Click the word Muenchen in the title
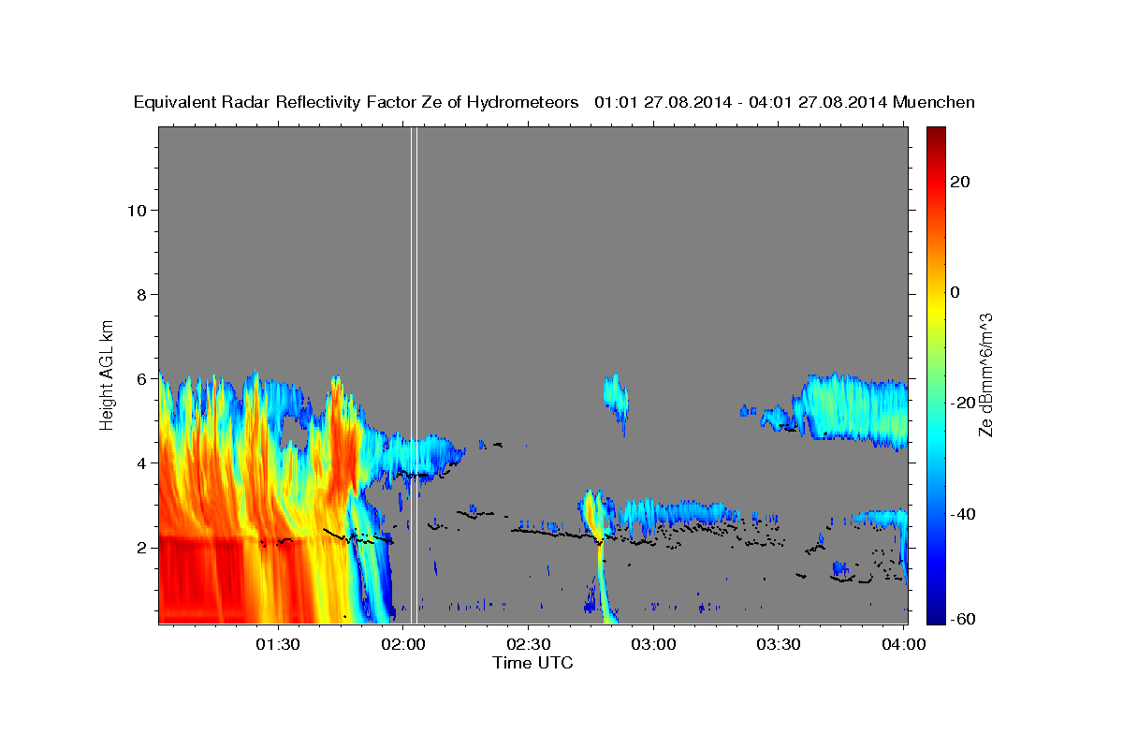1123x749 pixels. pos(935,102)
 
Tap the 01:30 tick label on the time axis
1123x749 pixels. pos(278,644)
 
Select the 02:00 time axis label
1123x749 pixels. pos(403,644)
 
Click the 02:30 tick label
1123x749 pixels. pos(528,644)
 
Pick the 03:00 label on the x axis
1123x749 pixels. pos(653,644)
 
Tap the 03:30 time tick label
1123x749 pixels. pos(778,644)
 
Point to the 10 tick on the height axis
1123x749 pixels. pos(136,210)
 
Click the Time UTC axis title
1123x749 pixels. pos(532,663)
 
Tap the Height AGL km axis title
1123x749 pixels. pos(108,374)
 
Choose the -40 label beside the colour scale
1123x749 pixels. pos(962,514)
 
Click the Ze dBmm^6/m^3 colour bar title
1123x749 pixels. pos(986,374)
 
